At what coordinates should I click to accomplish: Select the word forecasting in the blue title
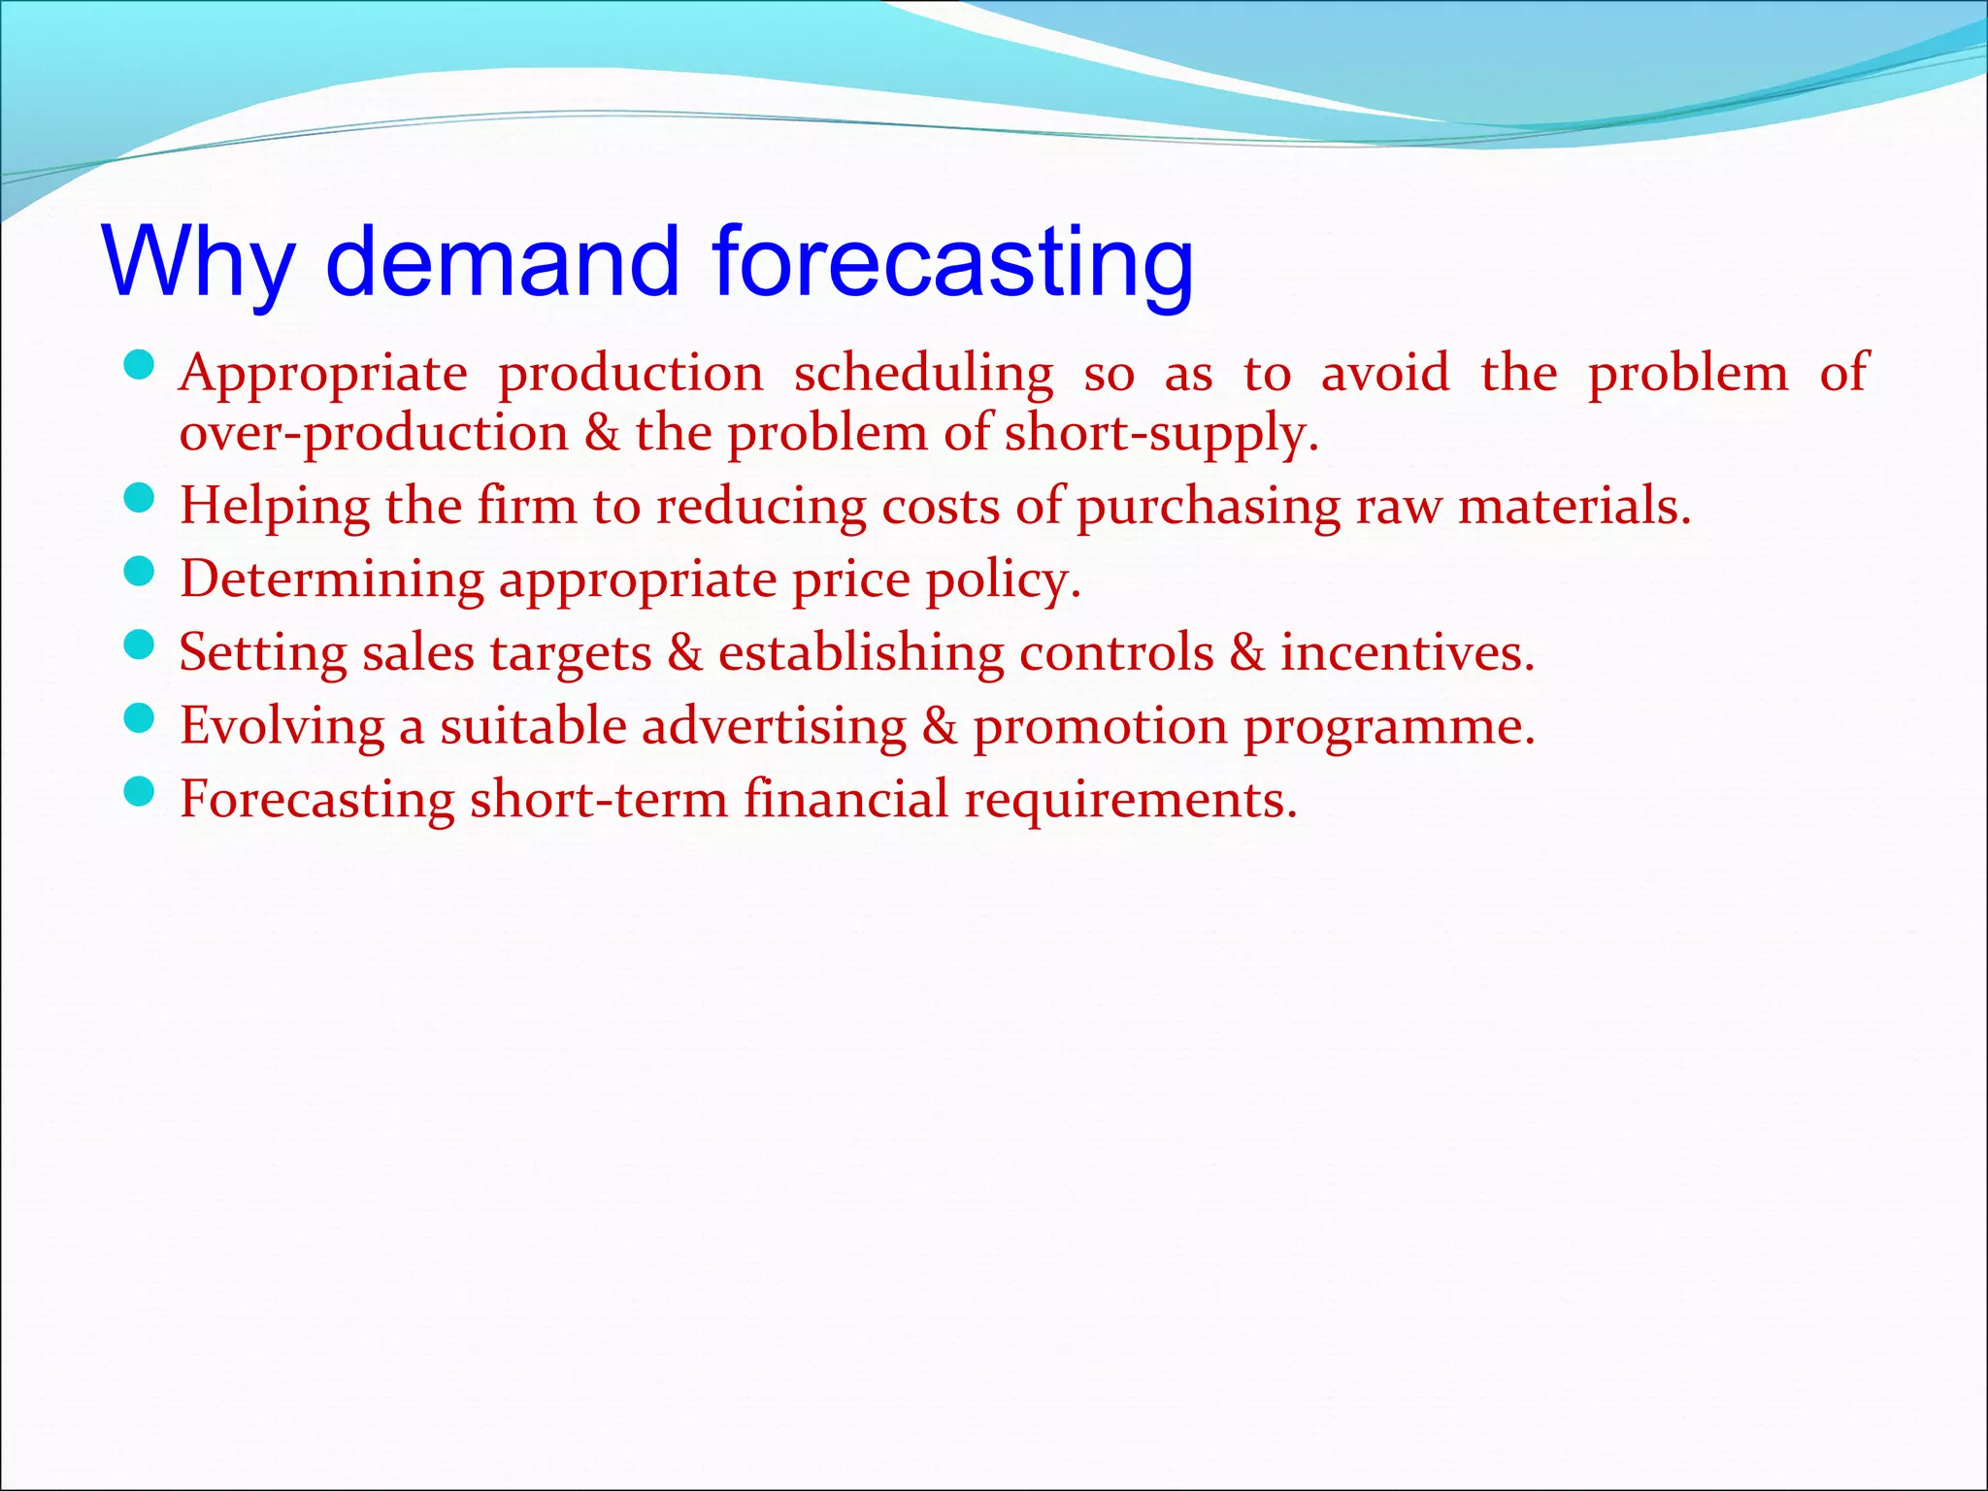click(x=952, y=262)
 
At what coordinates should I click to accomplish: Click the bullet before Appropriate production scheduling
click(x=141, y=367)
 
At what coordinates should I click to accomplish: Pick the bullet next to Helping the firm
click(x=141, y=499)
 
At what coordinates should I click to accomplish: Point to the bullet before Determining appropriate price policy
click(x=141, y=573)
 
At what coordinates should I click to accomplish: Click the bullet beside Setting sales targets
click(x=141, y=646)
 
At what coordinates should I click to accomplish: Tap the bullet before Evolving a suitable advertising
click(x=141, y=719)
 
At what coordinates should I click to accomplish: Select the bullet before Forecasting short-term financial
click(x=141, y=793)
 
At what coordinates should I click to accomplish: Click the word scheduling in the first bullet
click(x=923, y=375)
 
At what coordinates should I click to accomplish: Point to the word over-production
click(x=374, y=433)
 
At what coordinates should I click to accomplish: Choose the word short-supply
click(x=1161, y=433)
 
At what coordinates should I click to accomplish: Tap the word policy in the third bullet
click(x=1003, y=580)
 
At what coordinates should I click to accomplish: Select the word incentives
click(x=1407, y=652)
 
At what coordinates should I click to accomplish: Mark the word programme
click(x=1389, y=727)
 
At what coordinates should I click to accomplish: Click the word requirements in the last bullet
click(x=1130, y=800)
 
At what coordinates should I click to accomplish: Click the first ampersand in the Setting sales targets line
click(x=684, y=652)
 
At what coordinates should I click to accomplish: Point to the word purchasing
click(x=1208, y=507)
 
